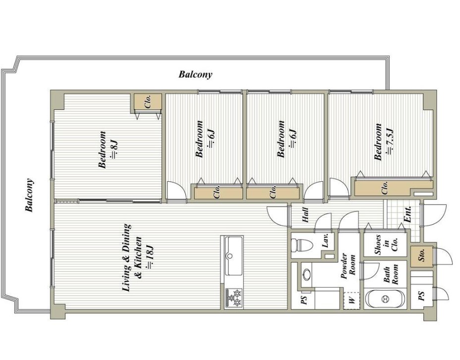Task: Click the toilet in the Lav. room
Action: tap(302, 245)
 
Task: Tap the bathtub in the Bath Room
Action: tap(385, 299)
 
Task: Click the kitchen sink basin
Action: tap(233, 256)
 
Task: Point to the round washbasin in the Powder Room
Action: tap(307, 275)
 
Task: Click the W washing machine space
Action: tap(352, 300)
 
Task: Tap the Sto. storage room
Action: tap(421, 257)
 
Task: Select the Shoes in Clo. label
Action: tap(386, 245)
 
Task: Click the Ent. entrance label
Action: tap(408, 214)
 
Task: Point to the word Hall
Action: tap(305, 215)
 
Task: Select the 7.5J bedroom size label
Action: tap(390, 141)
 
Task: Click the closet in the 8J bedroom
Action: tap(148, 102)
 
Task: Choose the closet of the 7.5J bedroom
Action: tap(393, 188)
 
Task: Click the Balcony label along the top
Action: tap(195, 74)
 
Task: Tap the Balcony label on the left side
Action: tap(29, 195)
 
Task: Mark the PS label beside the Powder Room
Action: tap(304, 300)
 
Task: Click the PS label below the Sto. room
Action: tap(421, 296)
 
